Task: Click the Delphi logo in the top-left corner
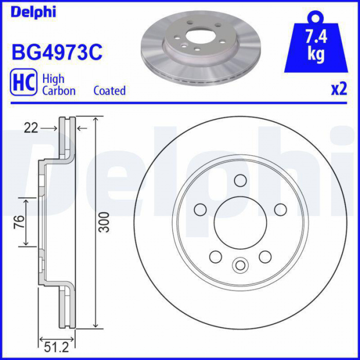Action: pyautogui.click(x=33, y=12)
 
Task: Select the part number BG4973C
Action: pyautogui.click(x=57, y=52)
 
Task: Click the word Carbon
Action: pyautogui.click(x=59, y=91)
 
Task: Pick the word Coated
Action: pyautogui.click(x=110, y=91)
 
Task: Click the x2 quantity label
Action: pyautogui.click(x=339, y=89)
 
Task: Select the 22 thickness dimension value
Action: pyautogui.click(x=31, y=128)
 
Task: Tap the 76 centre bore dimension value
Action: pyautogui.click(x=20, y=222)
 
